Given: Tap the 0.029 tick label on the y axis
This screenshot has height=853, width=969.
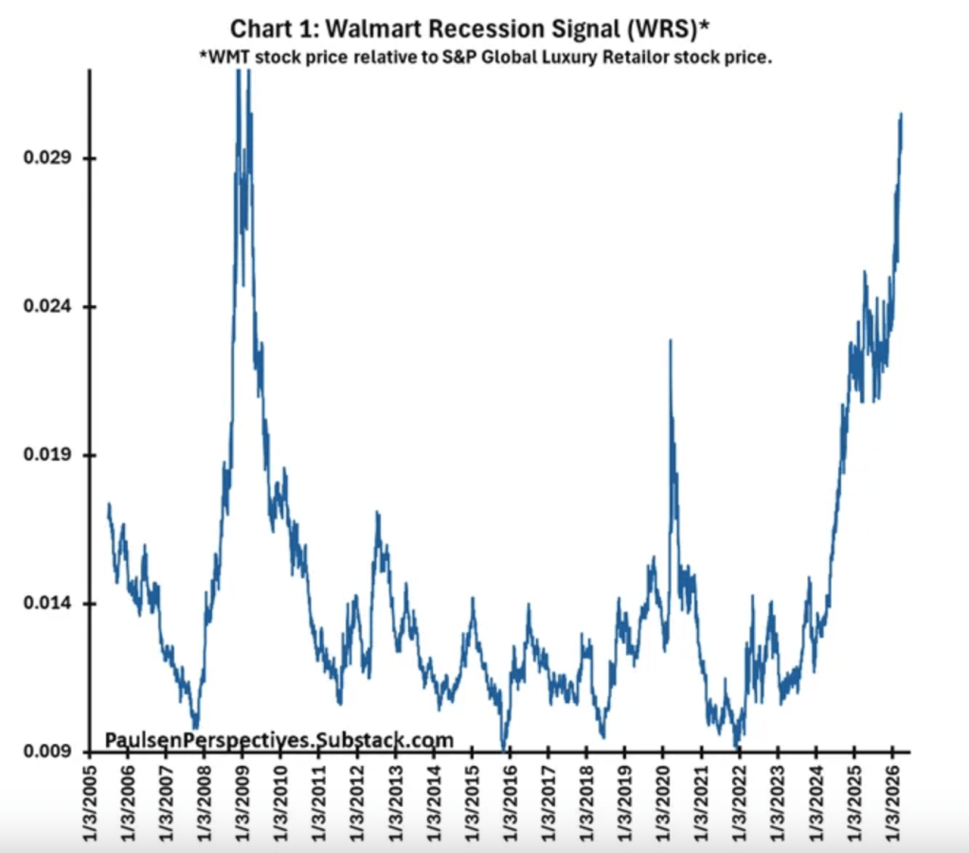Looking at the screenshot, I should (45, 158).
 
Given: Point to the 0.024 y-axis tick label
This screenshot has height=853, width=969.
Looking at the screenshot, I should (45, 307).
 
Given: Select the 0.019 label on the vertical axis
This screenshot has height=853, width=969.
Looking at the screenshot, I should (45, 455).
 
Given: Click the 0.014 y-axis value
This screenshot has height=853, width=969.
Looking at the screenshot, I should (45, 604).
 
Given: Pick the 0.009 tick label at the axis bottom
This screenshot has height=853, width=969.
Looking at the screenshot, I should (45, 752).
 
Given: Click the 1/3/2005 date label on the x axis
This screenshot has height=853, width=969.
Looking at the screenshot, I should (91, 801).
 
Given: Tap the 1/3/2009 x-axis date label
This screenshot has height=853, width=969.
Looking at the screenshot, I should (243, 801).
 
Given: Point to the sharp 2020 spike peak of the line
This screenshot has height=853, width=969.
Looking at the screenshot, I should (671, 340).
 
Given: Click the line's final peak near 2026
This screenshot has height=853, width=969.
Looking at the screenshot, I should (901, 114).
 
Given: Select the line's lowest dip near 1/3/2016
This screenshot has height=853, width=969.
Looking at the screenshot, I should (505, 748).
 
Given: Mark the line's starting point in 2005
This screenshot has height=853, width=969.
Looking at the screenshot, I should (109, 505).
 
